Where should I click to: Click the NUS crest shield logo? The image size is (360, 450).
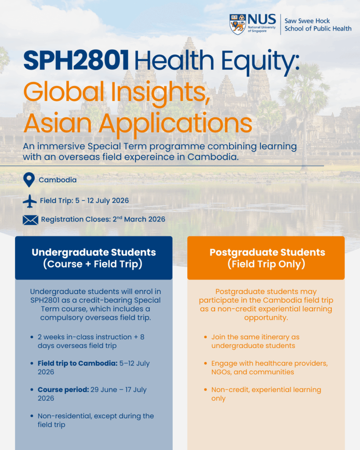[x=238, y=24]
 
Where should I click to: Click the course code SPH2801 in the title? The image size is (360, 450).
[x=76, y=60]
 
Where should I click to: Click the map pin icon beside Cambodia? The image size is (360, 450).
[x=29, y=180]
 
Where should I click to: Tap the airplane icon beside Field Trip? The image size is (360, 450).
[x=30, y=201]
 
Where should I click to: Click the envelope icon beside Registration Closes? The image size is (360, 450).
[x=30, y=220]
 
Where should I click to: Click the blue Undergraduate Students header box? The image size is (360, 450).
[x=94, y=258]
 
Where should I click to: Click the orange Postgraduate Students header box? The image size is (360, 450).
[x=266, y=258]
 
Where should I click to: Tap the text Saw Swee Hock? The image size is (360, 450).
[x=307, y=21]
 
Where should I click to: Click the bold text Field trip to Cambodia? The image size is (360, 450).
[x=77, y=363]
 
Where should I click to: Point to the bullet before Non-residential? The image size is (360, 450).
[x=32, y=416]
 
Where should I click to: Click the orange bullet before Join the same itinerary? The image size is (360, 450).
[x=206, y=337]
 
